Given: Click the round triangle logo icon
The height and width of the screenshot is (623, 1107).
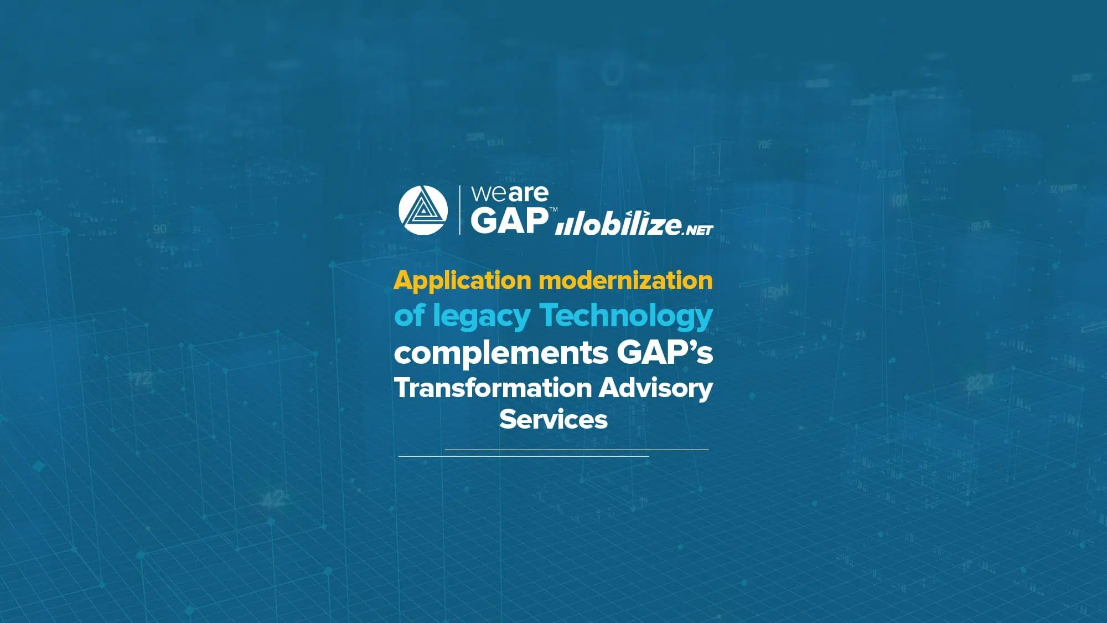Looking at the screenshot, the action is [423, 210].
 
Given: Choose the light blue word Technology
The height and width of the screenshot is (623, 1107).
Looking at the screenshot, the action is [626, 316].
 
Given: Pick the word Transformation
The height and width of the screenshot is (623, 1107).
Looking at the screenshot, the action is [493, 388].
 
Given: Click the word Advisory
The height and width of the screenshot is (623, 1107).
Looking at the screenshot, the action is [656, 389].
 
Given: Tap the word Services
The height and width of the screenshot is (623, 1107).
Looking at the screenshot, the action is [553, 419].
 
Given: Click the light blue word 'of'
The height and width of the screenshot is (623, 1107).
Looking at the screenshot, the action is [410, 315].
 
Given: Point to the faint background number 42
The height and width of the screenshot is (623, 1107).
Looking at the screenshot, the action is [273, 499].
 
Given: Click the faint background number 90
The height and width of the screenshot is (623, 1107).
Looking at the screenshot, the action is [159, 229].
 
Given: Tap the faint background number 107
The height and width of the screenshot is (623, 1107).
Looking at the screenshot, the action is [899, 200].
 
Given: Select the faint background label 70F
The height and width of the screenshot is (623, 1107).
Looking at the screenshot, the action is [764, 145].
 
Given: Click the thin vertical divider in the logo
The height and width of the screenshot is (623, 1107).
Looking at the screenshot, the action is [459, 210].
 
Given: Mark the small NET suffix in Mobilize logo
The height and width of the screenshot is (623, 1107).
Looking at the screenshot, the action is [698, 229].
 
